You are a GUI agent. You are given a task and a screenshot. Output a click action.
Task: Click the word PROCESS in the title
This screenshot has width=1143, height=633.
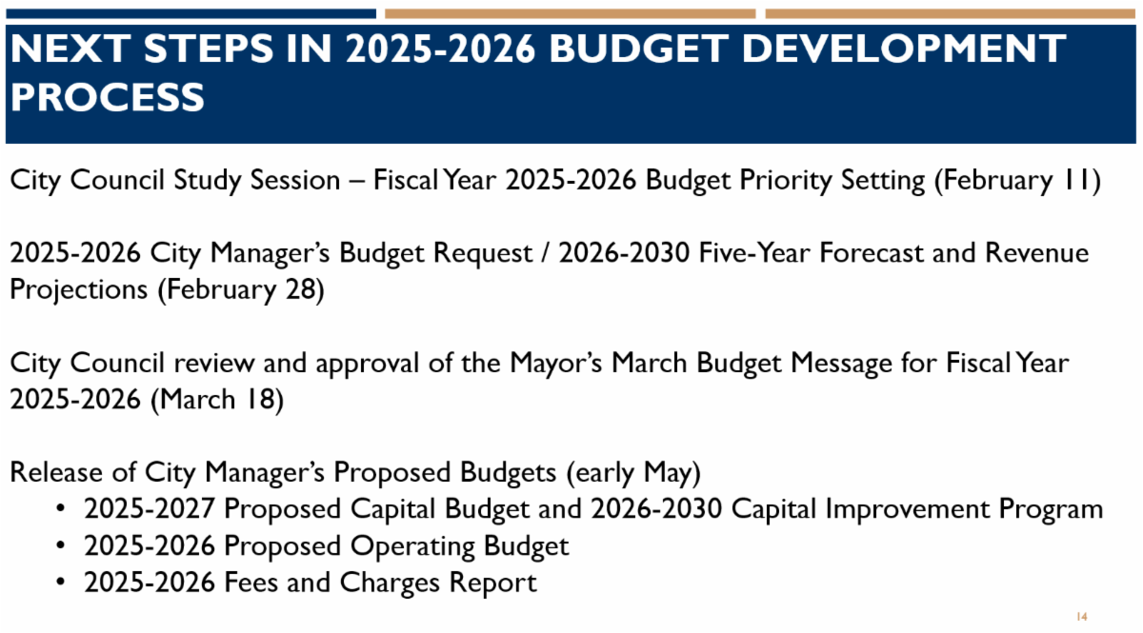(x=108, y=97)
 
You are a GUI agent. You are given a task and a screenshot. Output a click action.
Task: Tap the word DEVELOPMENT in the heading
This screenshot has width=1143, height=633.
(x=904, y=49)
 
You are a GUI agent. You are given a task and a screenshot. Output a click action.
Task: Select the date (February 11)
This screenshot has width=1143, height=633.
(x=1017, y=181)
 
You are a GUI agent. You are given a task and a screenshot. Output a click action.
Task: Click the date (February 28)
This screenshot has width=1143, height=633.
(x=241, y=290)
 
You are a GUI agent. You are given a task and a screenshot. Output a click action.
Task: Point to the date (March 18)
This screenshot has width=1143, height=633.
(x=217, y=400)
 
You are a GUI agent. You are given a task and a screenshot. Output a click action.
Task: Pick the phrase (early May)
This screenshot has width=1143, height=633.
(x=633, y=473)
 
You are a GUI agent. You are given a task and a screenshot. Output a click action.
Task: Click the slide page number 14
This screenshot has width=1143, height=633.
(x=1081, y=617)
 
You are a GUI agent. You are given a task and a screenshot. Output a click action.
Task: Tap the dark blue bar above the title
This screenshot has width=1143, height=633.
(x=190, y=13)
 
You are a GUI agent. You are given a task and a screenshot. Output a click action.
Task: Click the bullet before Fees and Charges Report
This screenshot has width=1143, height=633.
(x=61, y=582)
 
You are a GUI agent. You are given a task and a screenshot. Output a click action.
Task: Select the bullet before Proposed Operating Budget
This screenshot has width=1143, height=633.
(x=61, y=545)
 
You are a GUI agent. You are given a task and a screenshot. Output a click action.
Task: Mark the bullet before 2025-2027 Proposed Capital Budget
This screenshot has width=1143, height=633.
(x=61, y=508)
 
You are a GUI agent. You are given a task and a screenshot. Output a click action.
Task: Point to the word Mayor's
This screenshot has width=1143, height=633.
(x=555, y=364)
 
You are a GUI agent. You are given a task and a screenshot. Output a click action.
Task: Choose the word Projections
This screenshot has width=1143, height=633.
(x=79, y=290)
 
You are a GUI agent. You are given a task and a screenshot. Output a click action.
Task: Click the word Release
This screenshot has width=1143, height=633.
(x=56, y=472)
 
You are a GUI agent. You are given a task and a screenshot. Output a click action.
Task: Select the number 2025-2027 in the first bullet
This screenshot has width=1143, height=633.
(x=149, y=508)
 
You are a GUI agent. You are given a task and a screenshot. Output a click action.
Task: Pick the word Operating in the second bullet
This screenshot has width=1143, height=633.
(x=412, y=546)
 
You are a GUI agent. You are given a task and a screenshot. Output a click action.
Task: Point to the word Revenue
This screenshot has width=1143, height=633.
(x=1036, y=252)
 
